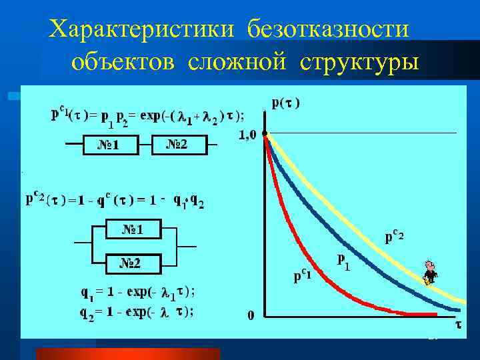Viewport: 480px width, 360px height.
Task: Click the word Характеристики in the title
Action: coord(144,29)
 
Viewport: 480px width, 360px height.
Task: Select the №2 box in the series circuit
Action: coord(177,144)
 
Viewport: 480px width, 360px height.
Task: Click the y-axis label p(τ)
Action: coord(286,103)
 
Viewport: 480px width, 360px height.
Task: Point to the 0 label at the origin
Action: coord(251,315)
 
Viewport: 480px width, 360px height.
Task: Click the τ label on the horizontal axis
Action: coord(458,325)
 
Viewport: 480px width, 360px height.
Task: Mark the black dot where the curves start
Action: coord(265,134)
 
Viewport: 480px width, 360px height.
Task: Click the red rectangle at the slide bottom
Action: coord(126,353)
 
